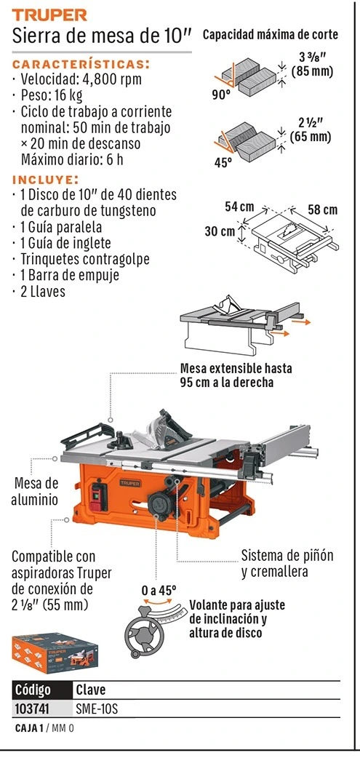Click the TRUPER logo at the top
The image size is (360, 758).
tap(49, 15)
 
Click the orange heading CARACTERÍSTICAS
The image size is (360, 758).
tap(81, 64)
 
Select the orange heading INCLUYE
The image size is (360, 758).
tap(45, 180)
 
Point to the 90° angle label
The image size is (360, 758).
tap(221, 95)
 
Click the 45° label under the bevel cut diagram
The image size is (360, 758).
tap(223, 162)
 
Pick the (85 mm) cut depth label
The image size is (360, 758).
tap(313, 72)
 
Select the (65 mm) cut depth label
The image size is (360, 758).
tap(311, 137)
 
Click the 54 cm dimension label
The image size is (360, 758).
tap(239, 207)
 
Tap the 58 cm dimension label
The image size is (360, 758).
tap(323, 210)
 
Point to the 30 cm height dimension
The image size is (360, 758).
tap(220, 231)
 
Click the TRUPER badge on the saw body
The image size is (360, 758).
tap(129, 483)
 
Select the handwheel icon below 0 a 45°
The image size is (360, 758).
tap(145, 630)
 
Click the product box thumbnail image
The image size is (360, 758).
tap(55, 652)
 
